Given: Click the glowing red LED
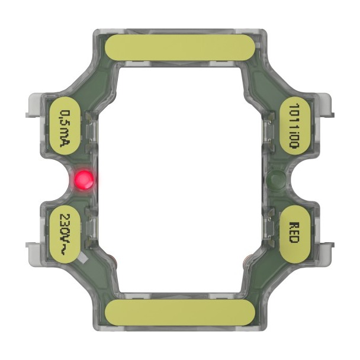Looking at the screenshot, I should tap(83, 179).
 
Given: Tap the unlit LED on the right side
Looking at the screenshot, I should tap(275, 179).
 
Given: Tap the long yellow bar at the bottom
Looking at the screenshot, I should tap(179, 311).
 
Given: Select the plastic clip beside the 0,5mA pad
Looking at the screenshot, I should tap(36, 107).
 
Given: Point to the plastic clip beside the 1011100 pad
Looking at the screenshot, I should tap(324, 107).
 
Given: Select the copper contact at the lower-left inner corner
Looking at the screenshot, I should tap(112, 259).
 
